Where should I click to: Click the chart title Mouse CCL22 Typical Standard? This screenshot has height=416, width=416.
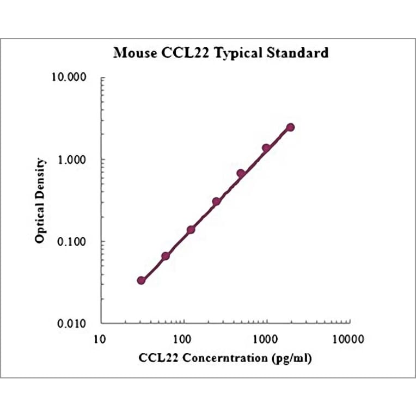coord(221,53)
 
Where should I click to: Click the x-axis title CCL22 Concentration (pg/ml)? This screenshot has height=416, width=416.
coord(225,359)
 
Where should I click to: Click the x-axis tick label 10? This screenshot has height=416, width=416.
coord(100,339)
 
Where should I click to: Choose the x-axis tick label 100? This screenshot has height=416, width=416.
coord(183,339)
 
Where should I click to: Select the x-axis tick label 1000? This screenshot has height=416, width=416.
coord(266,339)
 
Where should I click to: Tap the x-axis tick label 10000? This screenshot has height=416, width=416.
coord(348,339)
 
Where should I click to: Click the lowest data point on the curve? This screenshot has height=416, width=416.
coord(141,280)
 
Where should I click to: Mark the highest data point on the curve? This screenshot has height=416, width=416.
coord(290,127)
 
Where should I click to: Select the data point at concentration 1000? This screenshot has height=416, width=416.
coord(266,148)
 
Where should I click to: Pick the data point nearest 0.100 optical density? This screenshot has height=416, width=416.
coord(191,230)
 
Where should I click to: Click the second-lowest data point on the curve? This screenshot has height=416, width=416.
coord(166,256)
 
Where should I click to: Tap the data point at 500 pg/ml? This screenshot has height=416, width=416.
coord(241,173)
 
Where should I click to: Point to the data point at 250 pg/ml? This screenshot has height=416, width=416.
coord(216,201)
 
